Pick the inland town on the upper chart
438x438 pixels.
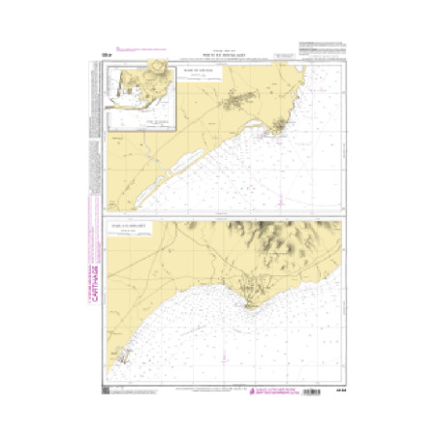[236, 99]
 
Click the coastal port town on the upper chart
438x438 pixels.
[282, 127]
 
